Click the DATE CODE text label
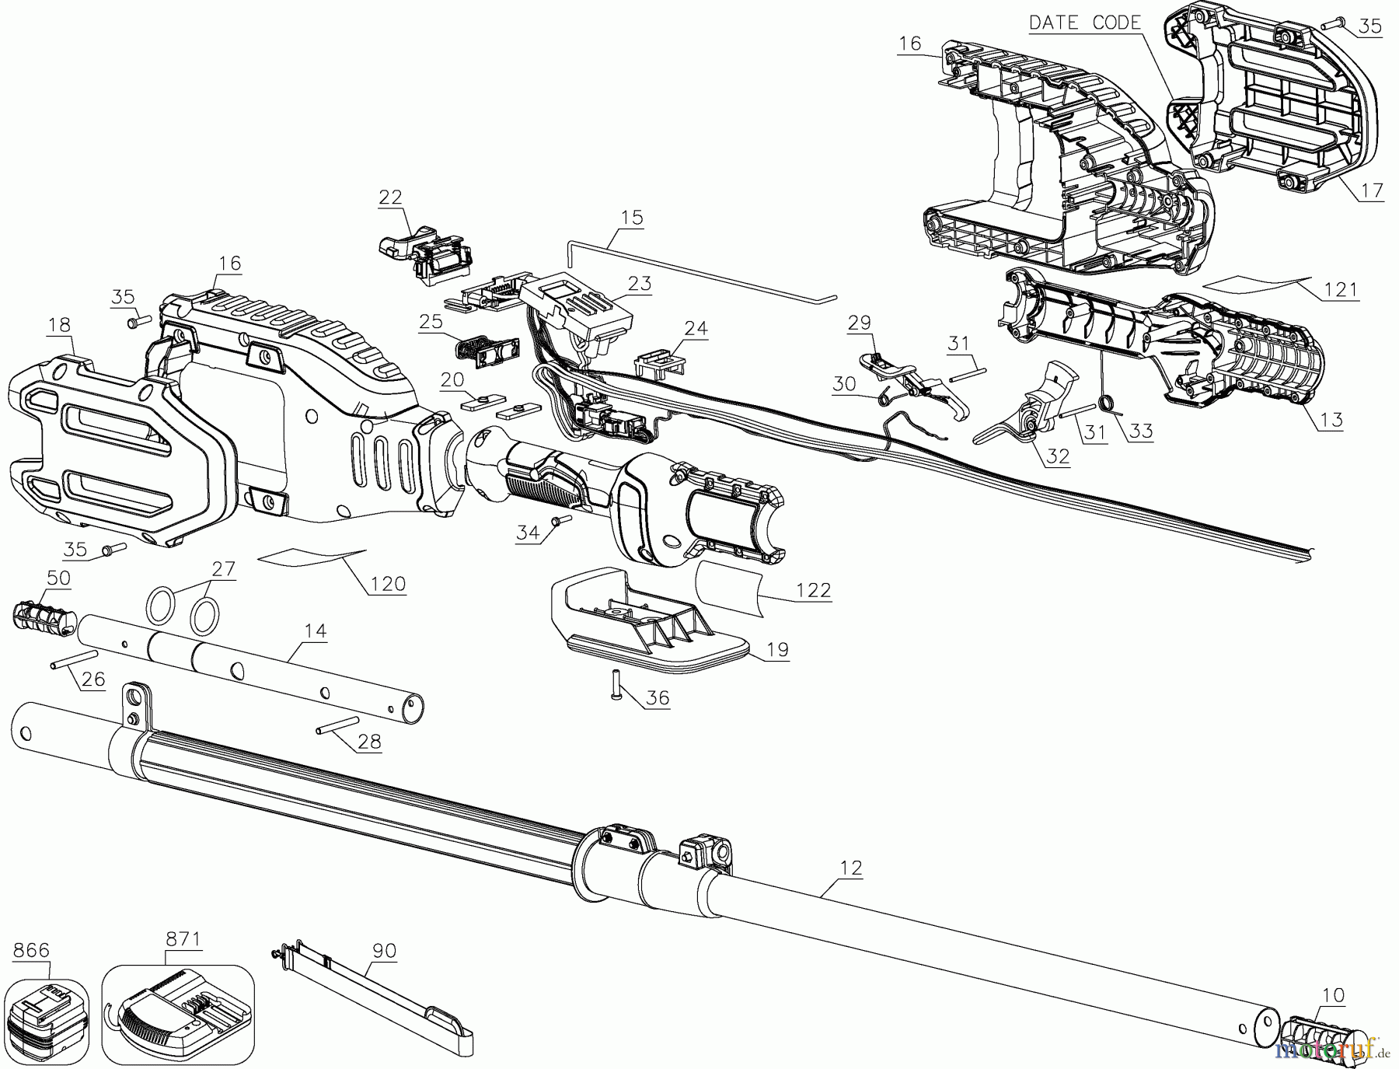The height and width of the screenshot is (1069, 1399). coord(1085,23)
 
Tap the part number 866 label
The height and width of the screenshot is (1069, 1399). coord(32,950)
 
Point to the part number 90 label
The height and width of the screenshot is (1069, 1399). coord(385,951)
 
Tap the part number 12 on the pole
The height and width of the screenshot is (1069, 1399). coord(852,868)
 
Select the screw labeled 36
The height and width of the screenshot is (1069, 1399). coord(615,683)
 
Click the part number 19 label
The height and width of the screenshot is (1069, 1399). coord(777,649)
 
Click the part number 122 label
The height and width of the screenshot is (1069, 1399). coord(814,591)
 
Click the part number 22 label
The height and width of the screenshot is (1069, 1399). coord(391,197)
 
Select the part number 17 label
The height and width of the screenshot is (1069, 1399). coord(1373,190)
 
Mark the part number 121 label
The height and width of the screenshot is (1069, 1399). coord(1341,290)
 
